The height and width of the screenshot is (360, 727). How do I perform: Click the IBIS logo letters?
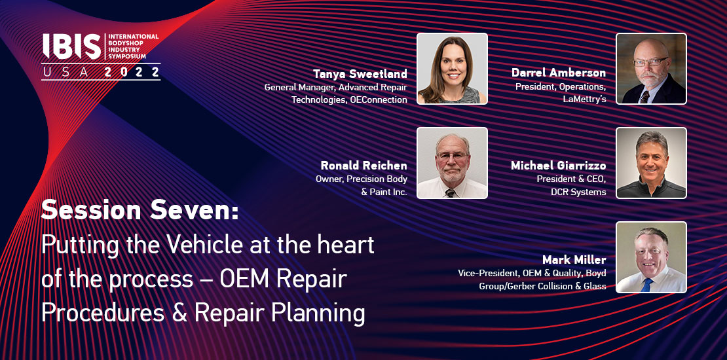pos(71,46)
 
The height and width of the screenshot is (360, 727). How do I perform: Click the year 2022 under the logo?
pos(132,72)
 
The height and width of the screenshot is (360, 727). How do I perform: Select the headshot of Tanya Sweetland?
pos(452,69)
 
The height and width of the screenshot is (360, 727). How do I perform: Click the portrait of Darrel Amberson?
pos(651,69)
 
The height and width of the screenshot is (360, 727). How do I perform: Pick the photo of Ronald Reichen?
pos(452,163)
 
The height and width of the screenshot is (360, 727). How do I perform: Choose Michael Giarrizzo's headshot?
pos(651,163)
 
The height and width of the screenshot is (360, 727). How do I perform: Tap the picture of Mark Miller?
pos(651,257)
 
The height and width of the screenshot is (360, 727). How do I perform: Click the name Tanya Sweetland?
pos(360,74)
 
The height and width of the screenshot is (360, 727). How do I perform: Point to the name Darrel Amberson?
pos(559,73)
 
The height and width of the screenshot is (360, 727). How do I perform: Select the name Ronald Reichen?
pos(364,166)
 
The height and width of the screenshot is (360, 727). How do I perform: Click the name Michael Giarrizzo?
pos(559,166)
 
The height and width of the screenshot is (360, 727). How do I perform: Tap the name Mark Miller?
pos(574,259)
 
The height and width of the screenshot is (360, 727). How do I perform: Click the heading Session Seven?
pos(140,210)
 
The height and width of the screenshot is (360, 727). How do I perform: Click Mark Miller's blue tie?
pos(646,285)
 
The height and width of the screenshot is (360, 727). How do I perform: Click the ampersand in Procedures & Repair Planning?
pos(179,314)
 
